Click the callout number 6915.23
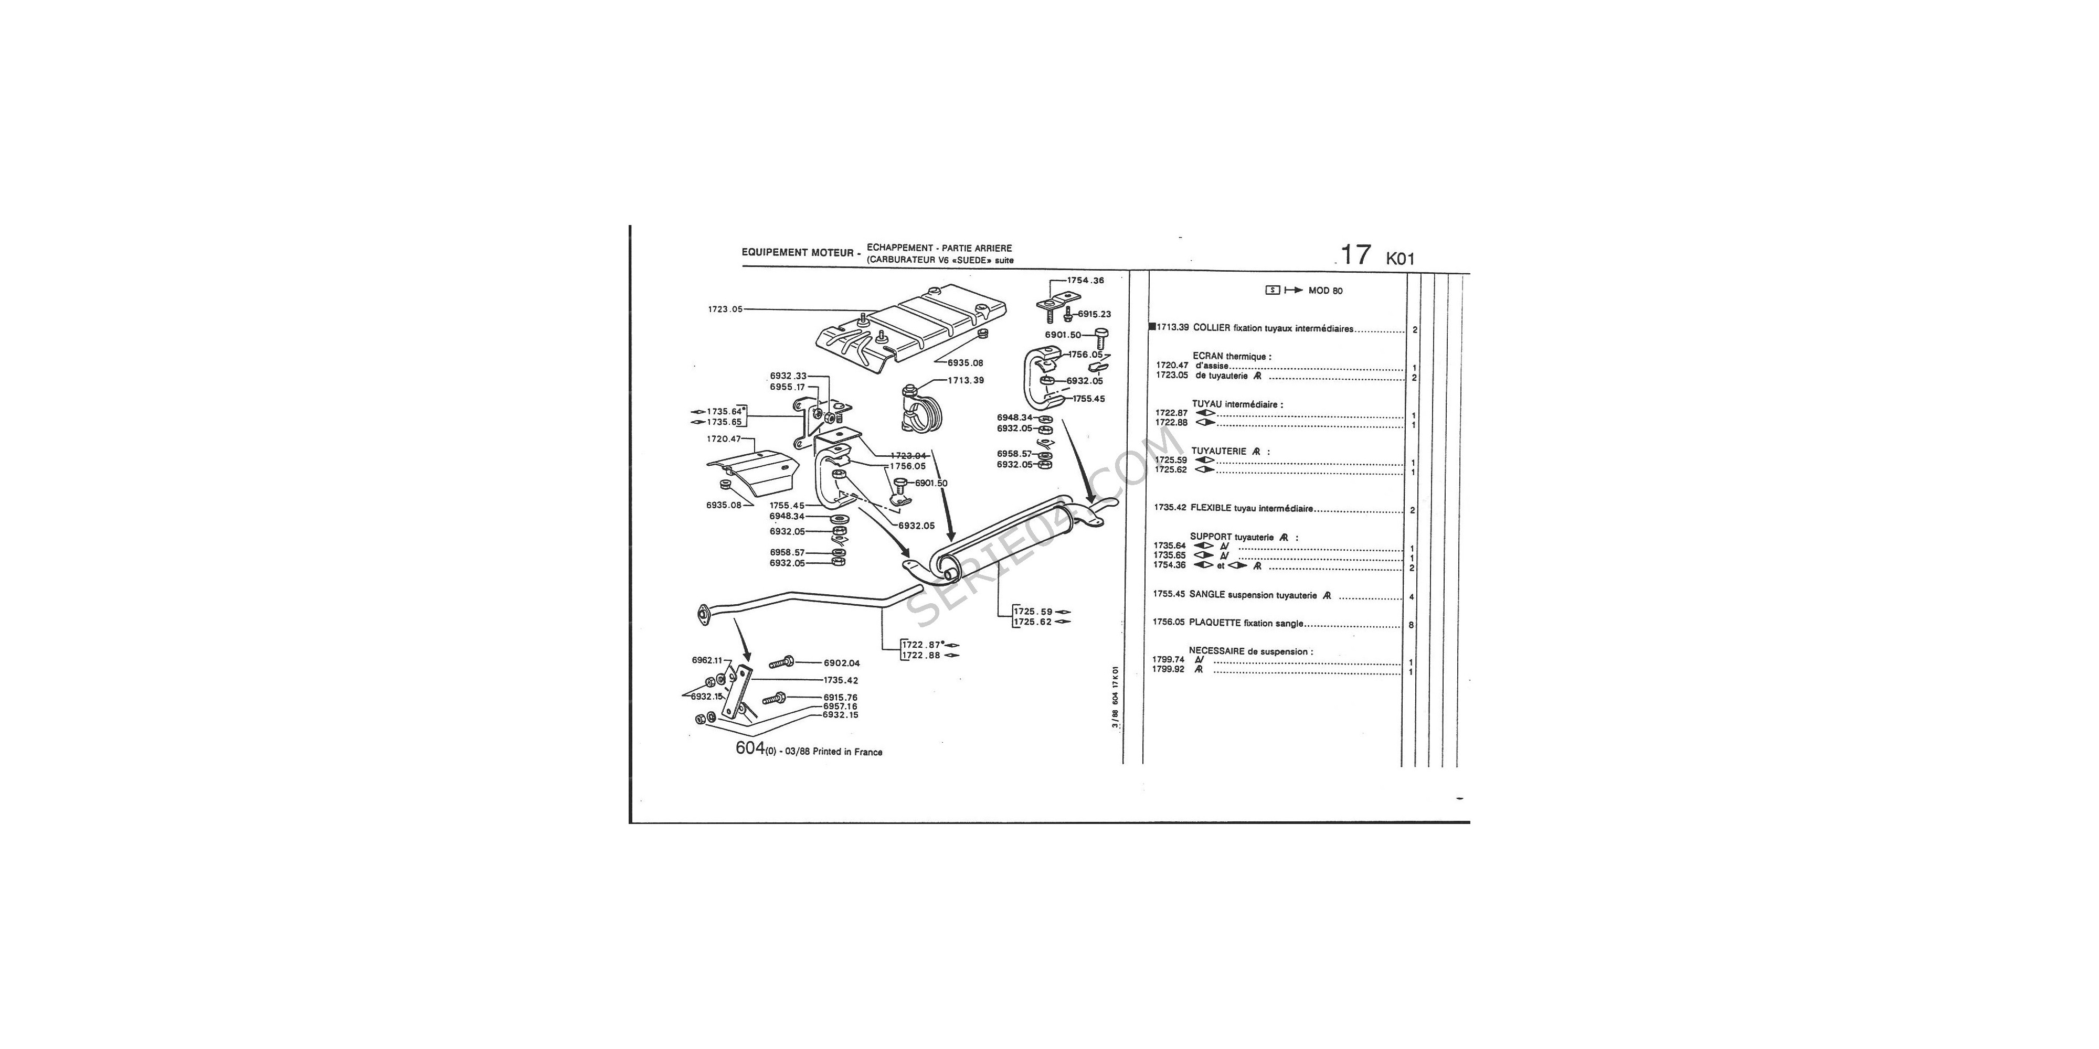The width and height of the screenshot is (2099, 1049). [x=1094, y=314]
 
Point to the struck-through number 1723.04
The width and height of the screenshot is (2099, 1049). [x=908, y=456]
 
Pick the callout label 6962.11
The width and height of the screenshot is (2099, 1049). [x=707, y=660]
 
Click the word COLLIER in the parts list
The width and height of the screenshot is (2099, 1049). [x=1212, y=328]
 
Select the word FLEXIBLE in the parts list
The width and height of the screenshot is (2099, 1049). [x=1211, y=508]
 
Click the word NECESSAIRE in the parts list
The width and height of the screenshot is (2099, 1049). [x=1216, y=651]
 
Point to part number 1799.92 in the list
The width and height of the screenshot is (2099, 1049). [x=1169, y=669]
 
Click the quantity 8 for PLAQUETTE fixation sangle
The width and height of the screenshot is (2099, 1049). [x=1411, y=626]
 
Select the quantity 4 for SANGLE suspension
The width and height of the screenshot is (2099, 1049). [x=1411, y=597]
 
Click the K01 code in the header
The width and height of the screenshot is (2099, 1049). [x=1401, y=259]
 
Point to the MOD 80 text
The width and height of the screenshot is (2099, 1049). [x=1326, y=291]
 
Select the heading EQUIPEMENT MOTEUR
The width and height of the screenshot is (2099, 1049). [x=798, y=252]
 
